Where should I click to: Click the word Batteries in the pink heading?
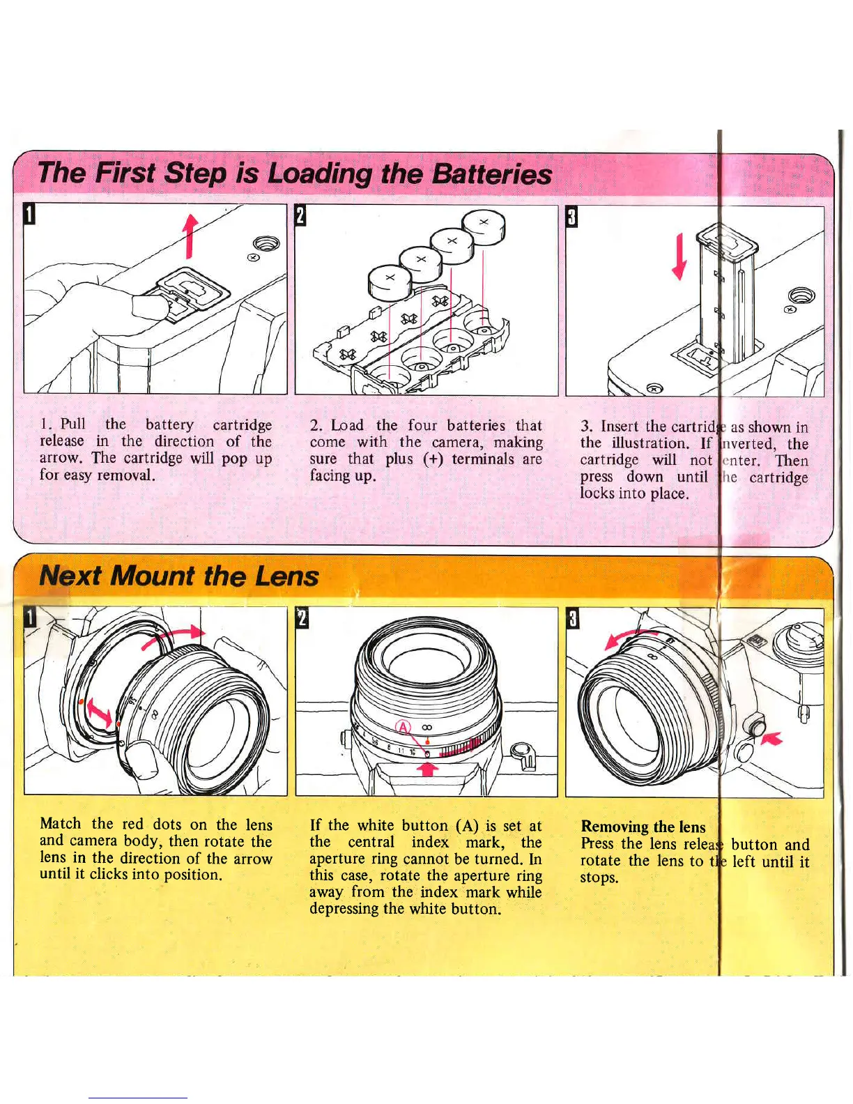[491, 174]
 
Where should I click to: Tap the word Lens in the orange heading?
[286, 576]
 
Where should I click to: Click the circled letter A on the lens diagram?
[403, 728]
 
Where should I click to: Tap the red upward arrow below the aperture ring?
[428, 768]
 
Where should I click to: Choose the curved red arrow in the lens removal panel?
[631, 637]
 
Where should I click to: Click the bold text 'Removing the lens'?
[643, 827]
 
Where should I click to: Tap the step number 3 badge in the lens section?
[572, 618]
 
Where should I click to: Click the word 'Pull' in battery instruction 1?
[72, 424]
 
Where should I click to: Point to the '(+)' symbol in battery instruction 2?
[436, 459]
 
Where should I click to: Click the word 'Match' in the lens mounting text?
[60, 825]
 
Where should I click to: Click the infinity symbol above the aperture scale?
[427, 728]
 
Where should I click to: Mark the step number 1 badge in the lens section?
[30, 617]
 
